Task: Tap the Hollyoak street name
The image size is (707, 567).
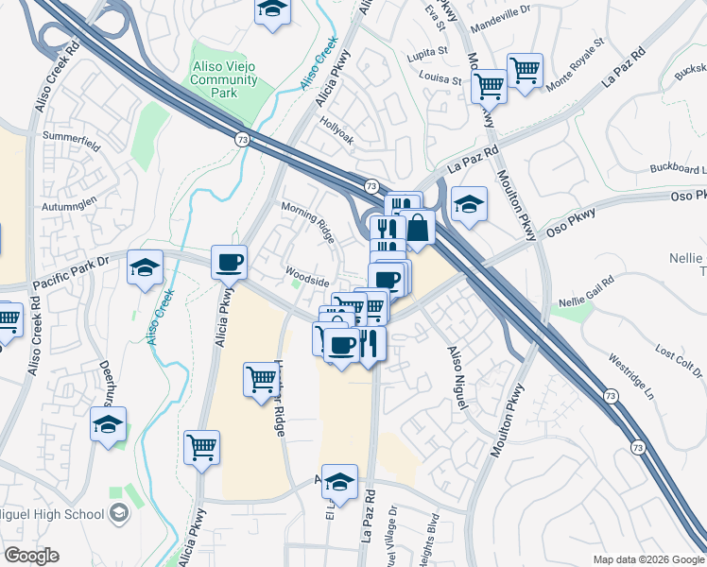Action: point(336,137)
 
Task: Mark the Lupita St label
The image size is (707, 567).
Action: point(428,50)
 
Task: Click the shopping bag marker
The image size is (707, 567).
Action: point(417,227)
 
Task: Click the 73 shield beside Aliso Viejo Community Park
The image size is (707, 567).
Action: point(243,138)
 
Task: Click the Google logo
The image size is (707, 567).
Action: point(32,556)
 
